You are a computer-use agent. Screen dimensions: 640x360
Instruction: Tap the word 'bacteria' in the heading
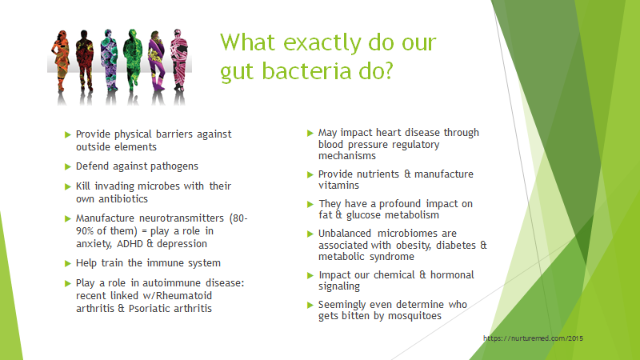click(306, 70)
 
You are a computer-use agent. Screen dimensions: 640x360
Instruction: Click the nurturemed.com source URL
click(533, 338)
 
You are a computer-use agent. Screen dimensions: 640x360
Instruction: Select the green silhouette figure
click(133, 61)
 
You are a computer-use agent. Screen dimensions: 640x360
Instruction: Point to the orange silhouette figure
click(61, 61)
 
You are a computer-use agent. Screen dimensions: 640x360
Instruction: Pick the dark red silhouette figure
click(85, 61)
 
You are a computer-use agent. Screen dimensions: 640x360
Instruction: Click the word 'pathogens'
click(174, 166)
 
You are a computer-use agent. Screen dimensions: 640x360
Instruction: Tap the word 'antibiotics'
click(123, 198)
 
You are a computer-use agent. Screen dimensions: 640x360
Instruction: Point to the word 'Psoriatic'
click(147, 308)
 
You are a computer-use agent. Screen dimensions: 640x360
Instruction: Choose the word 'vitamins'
click(338, 186)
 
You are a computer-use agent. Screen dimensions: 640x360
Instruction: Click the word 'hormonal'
click(452, 274)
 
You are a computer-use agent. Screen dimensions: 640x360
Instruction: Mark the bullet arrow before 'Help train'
click(68, 264)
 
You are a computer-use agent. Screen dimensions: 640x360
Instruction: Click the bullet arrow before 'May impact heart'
click(310, 133)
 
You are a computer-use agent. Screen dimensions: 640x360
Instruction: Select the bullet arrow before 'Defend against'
click(68, 166)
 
